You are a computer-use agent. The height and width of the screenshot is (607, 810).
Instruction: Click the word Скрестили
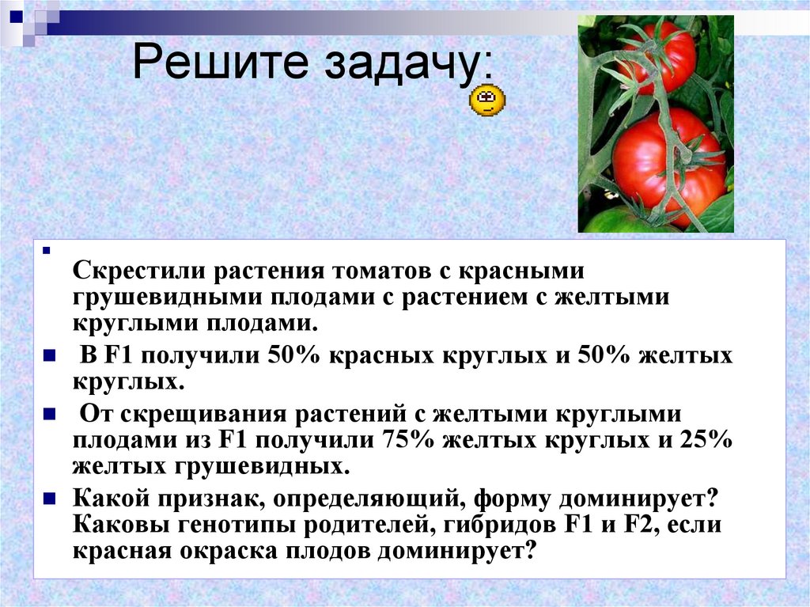(138, 271)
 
